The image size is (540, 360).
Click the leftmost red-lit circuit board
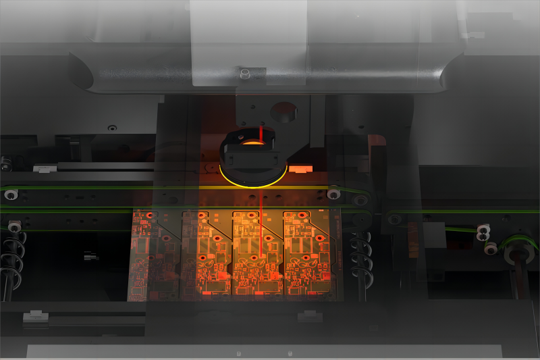[153, 255]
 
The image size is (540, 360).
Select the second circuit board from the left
[205, 255]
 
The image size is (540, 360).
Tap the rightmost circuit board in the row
[308, 255]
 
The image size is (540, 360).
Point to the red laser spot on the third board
[261, 256]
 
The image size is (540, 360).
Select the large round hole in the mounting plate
[283, 111]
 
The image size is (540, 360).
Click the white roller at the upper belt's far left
[11, 195]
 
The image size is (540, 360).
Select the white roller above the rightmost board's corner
[333, 195]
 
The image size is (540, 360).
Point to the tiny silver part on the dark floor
[88, 257]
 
